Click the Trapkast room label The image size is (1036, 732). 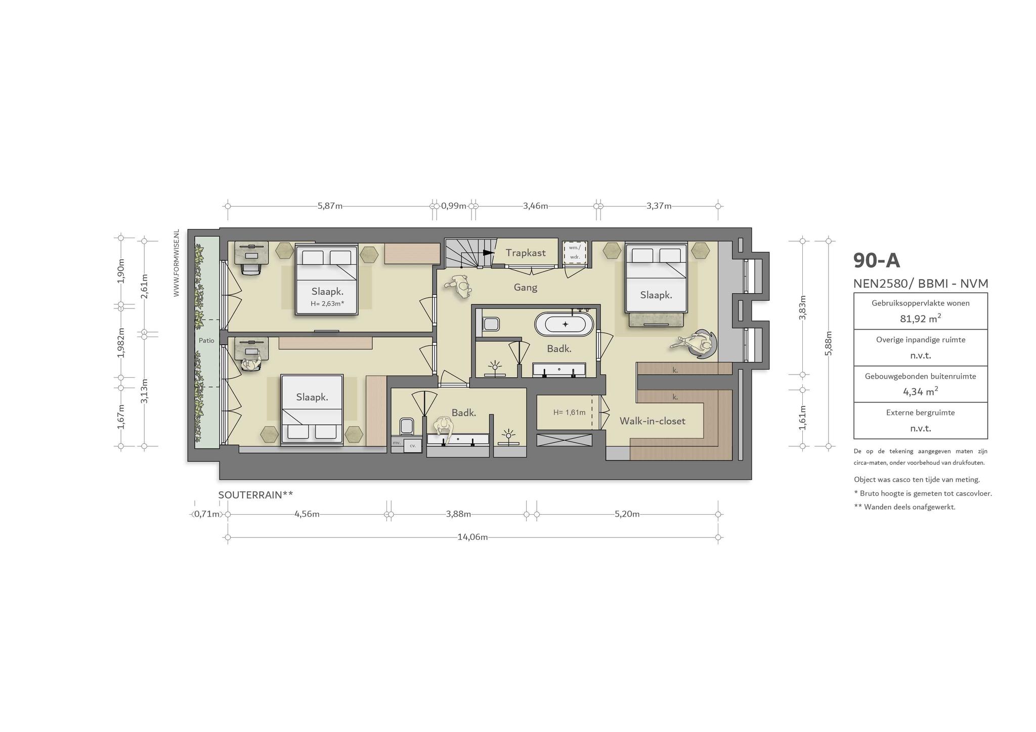coord(526,253)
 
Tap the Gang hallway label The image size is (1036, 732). coord(525,288)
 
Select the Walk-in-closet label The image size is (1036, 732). coord(653,421)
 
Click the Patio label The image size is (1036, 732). coord(206,340)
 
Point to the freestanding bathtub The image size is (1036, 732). coord(565,324)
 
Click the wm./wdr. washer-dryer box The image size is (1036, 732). coord(575,252)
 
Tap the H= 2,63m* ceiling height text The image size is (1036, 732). coord(327,304)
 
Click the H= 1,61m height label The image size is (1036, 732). coord(569,413)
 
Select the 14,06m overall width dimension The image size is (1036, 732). coord(472,537)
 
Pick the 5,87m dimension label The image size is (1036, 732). coord(330,206)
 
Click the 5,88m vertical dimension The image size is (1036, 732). coord(828,343)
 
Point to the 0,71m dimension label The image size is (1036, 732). coord(207,514)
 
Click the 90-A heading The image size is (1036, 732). coord(877,260)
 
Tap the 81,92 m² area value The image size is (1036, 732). coord(921,318)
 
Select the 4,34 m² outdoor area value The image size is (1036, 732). coord(921,391)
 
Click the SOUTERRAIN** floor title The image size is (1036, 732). coord(255,495)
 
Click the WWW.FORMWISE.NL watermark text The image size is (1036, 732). coord(177,263)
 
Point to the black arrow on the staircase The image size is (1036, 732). coord(488,252)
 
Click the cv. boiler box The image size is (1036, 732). coord(413,445)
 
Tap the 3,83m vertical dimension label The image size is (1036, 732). coord(802,308)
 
